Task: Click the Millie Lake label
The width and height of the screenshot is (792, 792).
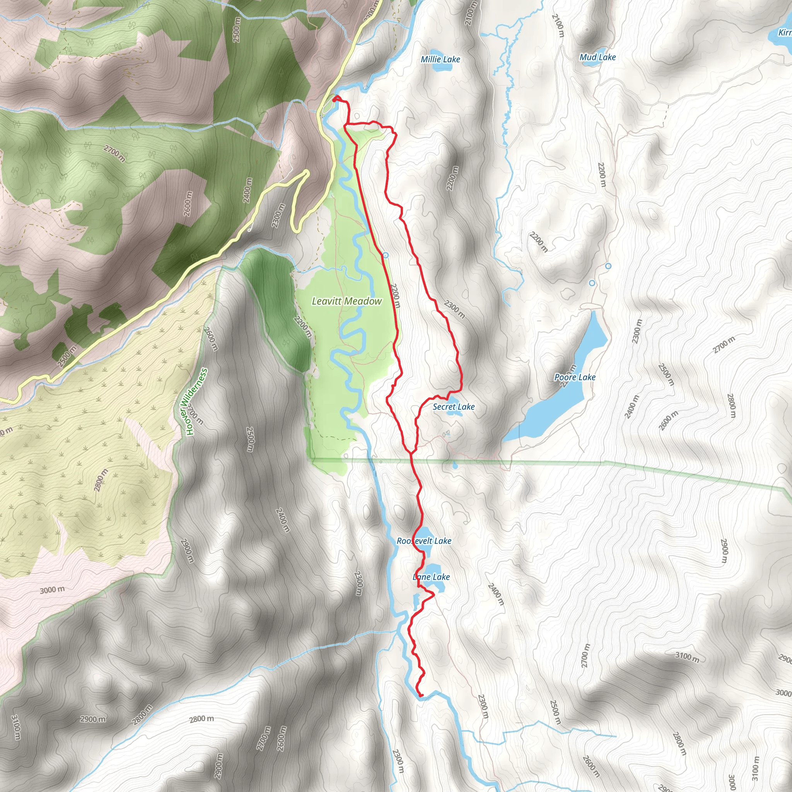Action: coord(440,60)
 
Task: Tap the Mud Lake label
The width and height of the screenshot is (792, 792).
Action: coord(597,57)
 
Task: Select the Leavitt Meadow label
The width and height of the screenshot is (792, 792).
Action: coord(347,301)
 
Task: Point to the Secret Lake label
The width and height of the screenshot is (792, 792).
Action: coord(453,407)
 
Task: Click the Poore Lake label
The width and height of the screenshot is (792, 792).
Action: coord(575,377)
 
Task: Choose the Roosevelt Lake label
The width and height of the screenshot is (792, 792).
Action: coord(424,541)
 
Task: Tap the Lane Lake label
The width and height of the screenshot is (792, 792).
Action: coord(431,577)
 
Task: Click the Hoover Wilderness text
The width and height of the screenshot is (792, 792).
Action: coord(197,402)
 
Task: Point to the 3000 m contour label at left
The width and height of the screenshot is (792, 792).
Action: coord(52,590)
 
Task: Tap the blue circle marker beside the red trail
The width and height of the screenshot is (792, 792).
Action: coord(385,255)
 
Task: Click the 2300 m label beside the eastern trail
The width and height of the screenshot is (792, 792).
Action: coord(455,309)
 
